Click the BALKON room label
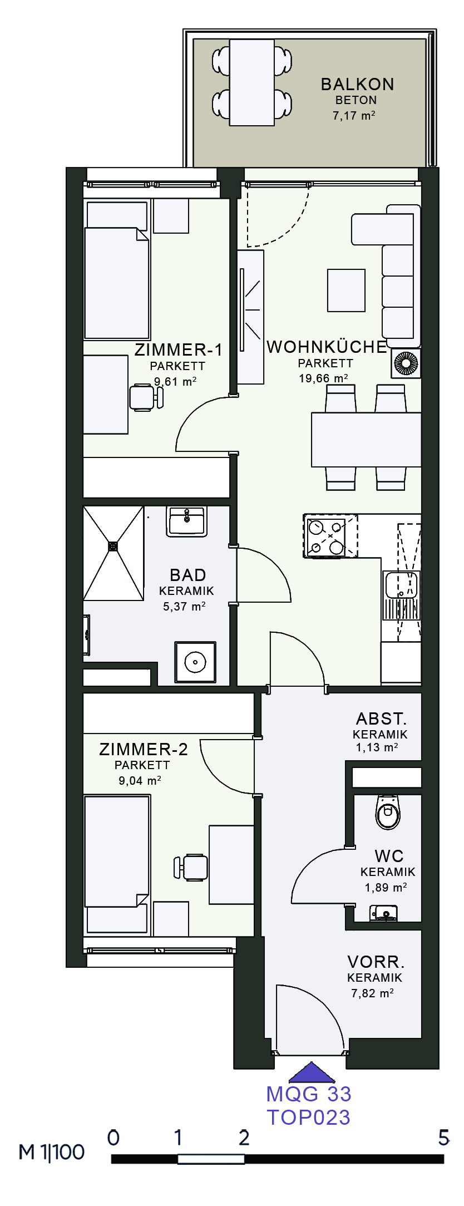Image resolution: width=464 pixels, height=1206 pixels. [x=357, y=85]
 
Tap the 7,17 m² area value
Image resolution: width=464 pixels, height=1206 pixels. [x=354, y=116]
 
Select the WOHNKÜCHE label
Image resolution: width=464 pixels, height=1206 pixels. [x=327, y=347]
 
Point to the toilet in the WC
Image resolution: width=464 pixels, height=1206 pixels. [x=388, y=812]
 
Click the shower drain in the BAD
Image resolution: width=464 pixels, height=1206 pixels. [x=113, y=547]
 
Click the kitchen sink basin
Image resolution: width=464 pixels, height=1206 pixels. [x=401, y=584]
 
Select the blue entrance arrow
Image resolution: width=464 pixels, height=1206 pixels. [x=312, y=1072]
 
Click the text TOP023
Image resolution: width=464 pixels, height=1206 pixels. [x=309, y=1117]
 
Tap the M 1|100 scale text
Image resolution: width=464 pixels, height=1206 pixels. [x=51, y=1151]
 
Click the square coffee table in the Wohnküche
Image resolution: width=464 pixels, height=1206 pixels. [x=346, y=291]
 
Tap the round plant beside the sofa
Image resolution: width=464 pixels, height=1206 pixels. [x=406, y=364]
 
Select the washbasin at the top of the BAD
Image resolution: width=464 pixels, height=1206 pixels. [x=187, y=521]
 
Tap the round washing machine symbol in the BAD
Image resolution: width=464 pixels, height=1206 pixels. [x=195, y=662]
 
